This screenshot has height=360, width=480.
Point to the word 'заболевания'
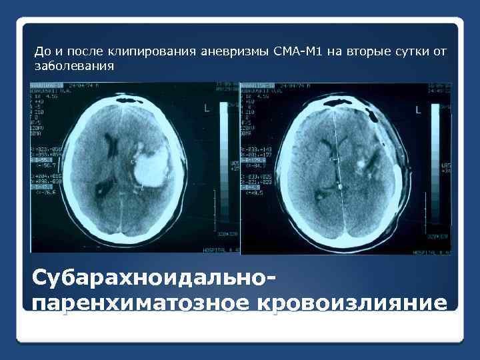(74, 67)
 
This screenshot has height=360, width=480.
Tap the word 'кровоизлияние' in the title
(352, 301)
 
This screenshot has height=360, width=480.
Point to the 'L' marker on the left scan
(207, 108)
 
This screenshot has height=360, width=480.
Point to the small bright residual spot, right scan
(363, 160)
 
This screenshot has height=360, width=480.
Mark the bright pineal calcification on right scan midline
(340, 188)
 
